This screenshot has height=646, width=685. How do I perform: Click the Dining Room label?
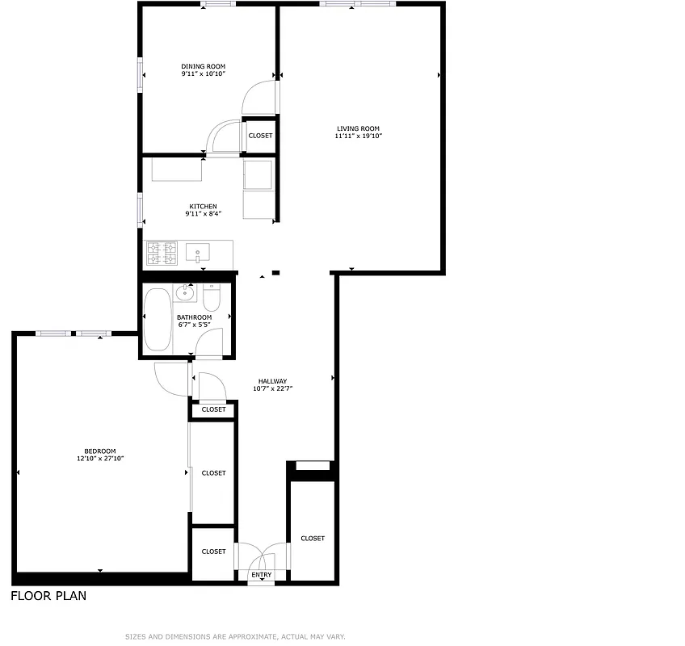203,66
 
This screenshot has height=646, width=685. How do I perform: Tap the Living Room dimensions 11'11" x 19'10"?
358,136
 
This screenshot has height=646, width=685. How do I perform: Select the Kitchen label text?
203,207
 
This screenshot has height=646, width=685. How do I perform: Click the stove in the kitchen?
161,254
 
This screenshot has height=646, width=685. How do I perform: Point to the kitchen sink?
197,254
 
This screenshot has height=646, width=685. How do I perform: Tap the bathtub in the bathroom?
158,319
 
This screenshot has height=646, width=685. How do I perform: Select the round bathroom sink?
183,294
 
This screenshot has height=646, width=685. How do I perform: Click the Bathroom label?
194,317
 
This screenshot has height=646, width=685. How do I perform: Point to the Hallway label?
272,381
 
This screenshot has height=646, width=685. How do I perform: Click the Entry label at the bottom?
261,575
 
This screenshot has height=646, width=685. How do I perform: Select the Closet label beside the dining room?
260,136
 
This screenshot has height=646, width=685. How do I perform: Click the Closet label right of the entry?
313,538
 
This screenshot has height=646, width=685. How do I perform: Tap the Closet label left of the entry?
213,552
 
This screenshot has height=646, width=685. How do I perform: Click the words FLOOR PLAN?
48,597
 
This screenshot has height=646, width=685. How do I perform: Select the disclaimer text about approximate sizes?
234,637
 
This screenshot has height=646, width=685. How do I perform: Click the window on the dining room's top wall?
215,5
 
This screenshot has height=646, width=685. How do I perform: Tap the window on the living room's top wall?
357,5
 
